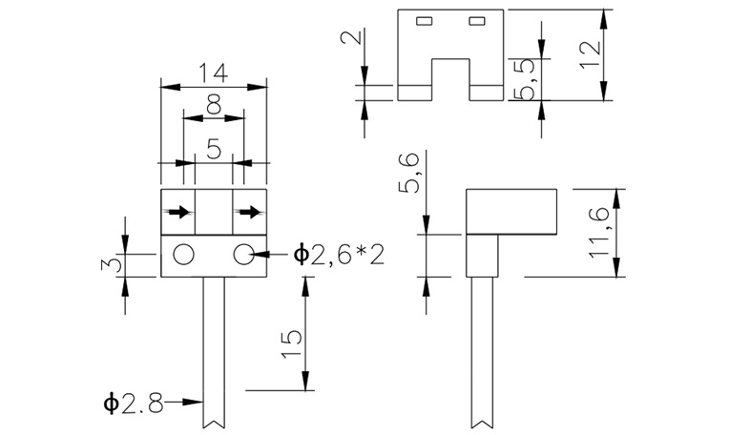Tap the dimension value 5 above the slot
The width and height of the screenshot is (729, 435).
[214, 148]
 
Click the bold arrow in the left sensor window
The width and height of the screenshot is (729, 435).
[177, 212]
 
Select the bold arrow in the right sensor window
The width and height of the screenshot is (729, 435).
[250, 212]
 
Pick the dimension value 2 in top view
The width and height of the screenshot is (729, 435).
[351, 40]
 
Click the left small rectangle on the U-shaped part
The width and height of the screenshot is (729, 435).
[424, 21]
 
